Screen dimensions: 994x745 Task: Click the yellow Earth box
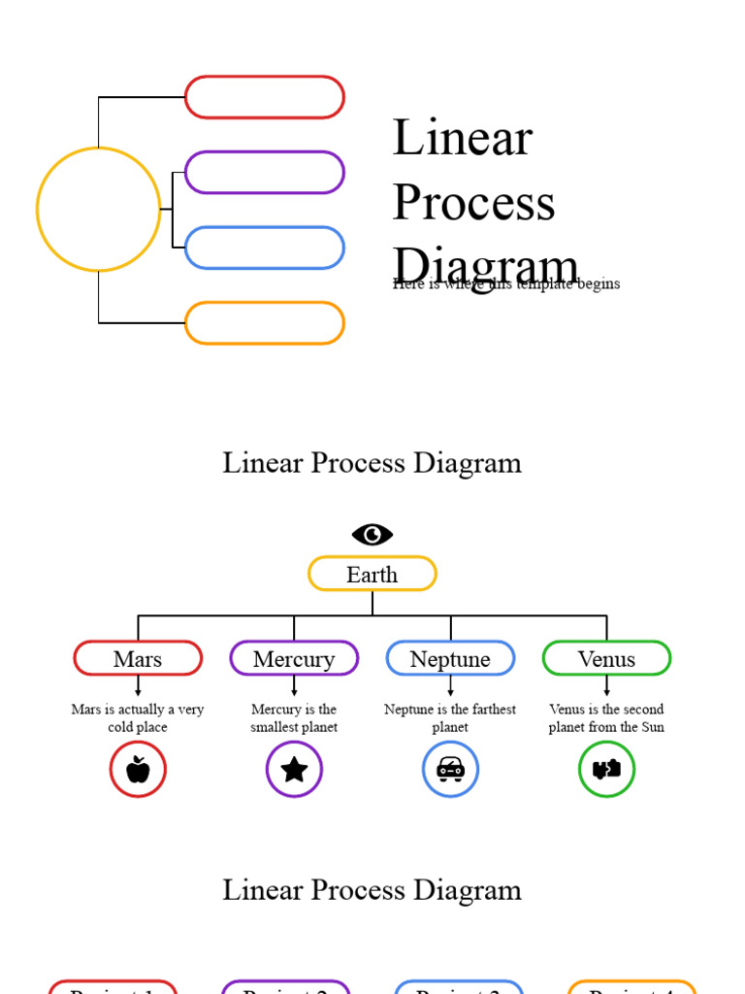tap(372, 574)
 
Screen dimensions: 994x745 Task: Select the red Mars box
tap(138, 658)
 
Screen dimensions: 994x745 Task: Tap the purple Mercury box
tap(294, 658)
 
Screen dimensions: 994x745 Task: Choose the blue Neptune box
tap(450, 658)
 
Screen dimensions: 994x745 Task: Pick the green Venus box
tap(606, 658)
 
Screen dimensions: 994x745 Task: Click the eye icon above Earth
tap(372, 534)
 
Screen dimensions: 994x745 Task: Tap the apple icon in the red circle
tap(138, 769)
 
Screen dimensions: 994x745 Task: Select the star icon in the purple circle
tap(294, 769)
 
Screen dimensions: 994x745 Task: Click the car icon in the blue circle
tap(450, 769)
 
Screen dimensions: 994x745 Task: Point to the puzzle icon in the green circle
tap(606, 769)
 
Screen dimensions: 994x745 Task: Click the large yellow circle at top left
tap(98, 209)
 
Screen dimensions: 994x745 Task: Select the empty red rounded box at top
tap(264, 97)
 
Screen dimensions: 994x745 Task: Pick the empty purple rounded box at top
tap(264, 172)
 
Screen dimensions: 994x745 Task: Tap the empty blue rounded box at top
tap(264, 248)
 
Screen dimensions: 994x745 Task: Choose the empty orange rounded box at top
tap(264, 323)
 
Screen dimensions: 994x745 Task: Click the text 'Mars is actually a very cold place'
tap(138, 718)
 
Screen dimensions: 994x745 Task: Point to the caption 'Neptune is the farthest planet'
tap(450, 718)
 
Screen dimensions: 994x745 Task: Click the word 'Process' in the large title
tap(473, 202)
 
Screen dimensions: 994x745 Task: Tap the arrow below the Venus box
tap(606, 686)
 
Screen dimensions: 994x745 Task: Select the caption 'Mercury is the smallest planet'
tap(294, 718)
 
